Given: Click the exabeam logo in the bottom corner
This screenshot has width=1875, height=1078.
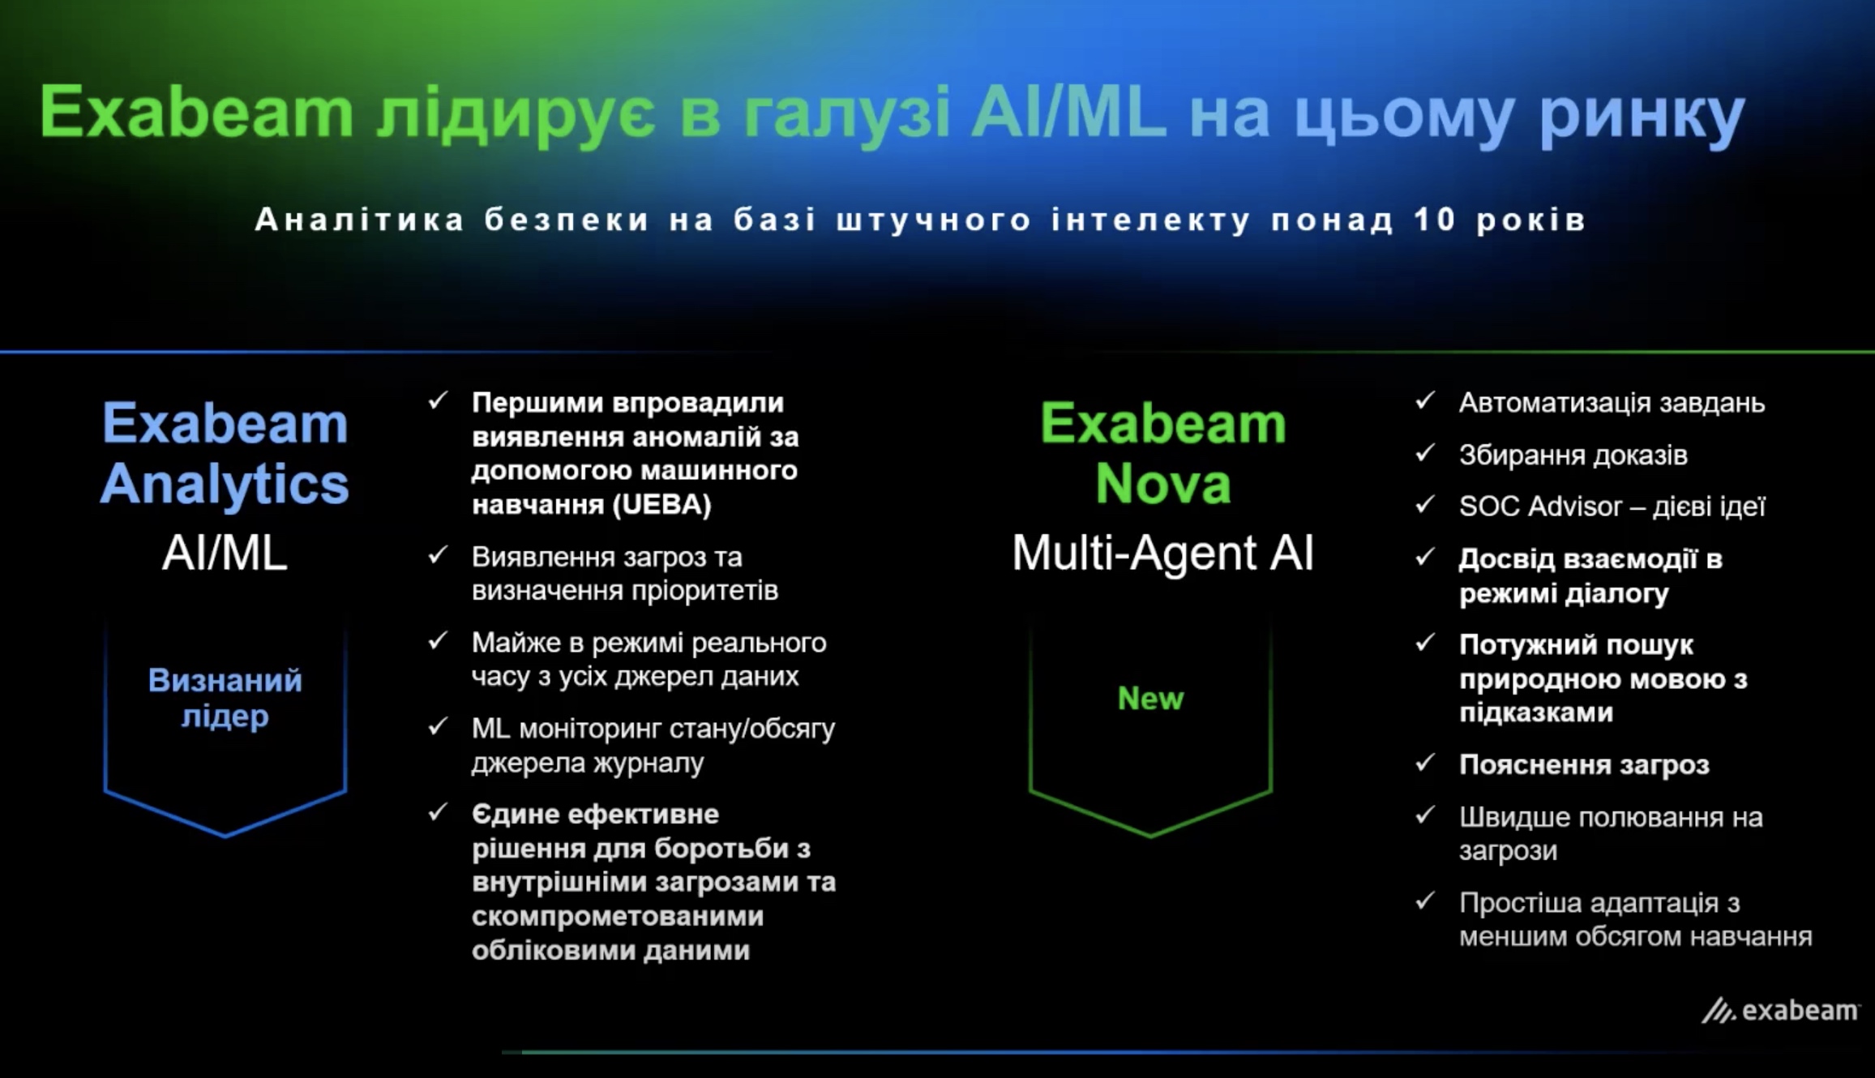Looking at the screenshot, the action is [1780, 1011].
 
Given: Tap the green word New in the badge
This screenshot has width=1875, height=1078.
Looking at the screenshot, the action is [1150, 698].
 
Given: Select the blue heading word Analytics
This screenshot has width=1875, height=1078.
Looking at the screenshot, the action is [225, 484].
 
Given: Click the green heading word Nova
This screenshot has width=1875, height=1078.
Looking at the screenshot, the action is [1163, 484].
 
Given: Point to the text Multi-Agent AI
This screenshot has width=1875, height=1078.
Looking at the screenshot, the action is [1162, 554].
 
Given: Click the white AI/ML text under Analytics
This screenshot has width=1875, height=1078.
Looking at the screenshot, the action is [225, 554].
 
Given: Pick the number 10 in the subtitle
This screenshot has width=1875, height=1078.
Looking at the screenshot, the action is [1435, 220].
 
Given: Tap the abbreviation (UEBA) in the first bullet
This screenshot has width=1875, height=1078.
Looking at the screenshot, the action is [661, 505].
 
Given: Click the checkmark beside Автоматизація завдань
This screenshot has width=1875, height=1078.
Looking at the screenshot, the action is [1425, 401].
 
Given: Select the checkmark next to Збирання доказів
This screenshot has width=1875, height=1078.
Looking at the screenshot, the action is [1425, 453].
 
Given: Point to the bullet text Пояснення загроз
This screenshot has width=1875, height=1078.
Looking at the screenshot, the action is [1584, 764].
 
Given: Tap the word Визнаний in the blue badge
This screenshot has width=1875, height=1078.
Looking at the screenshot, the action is [225, 680].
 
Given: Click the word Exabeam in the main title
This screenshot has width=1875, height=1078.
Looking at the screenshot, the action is [197, 112].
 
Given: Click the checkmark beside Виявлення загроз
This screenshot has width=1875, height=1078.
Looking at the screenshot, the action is [438, 555].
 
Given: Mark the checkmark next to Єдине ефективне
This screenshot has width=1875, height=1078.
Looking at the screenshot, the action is [438, 812].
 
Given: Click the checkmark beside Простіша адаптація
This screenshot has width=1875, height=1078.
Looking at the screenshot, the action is [1425, 900].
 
